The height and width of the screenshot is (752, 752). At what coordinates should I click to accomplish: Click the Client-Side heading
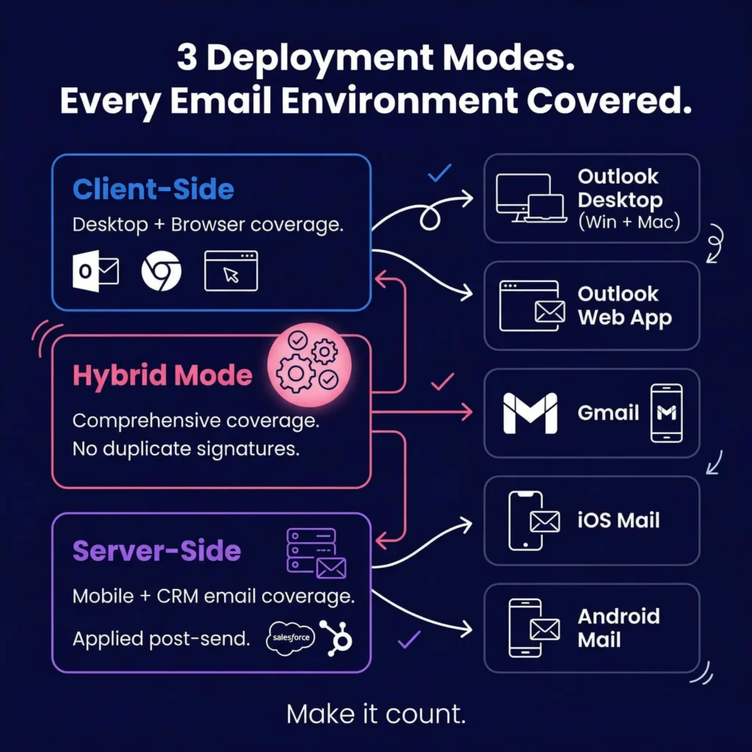tap(153, 189)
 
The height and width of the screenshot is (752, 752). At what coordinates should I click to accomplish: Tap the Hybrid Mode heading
tap(162, 375)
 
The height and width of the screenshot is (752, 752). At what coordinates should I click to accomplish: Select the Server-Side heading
tap(156, 551)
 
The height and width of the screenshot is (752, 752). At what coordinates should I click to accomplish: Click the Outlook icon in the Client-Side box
tap(95, 272)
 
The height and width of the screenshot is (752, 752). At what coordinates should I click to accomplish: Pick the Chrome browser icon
tap(161, 272)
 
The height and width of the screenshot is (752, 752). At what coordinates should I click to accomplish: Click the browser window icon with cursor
tap(231, 271)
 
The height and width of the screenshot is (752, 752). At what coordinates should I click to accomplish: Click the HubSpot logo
tap(337, 637)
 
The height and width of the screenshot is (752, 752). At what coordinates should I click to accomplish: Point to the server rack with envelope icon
tap(315, 552)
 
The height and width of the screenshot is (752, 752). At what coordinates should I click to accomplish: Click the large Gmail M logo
tap(529, 413)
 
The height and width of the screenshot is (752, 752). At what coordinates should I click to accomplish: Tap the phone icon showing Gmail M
tap(666, 413)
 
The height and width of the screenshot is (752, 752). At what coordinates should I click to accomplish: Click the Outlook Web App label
tap(623, 306)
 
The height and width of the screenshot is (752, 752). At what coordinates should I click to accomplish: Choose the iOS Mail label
tap(618, 521)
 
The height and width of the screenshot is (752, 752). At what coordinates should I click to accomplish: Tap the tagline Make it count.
tap(376, 714)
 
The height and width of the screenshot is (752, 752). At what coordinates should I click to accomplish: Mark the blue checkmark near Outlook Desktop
tap(439, 173)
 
